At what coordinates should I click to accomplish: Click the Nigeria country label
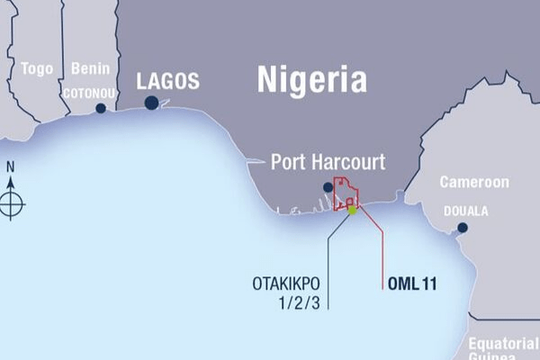coord(312,79)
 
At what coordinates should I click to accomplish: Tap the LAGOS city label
coord(167,81)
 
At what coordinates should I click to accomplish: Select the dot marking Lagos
coord(151,103)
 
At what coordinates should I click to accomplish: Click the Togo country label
coord(37,68)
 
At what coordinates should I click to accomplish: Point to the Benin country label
coord(91,68)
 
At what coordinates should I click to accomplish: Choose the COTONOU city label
coord(90,91)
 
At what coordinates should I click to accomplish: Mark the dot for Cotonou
coord(101,108)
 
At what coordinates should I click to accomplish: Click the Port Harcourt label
coord(328,163)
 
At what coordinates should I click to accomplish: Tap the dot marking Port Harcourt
coord(328,187)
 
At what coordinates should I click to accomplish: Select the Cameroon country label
coord(473,182)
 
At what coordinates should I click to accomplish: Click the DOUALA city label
coord(465,211)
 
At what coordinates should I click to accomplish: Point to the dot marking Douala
coord(463,228)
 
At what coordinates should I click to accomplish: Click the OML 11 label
coord(412,283)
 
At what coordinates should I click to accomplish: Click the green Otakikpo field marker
coord(353,210)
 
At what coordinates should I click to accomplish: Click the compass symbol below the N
coord(12,200)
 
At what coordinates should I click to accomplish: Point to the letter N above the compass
coord(11,166)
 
